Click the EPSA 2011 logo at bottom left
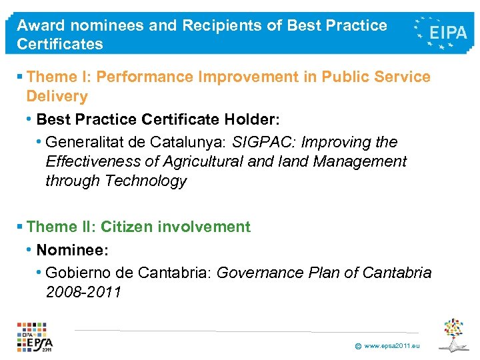35,337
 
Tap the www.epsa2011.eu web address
392,346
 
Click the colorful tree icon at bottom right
455,335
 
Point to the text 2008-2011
83,291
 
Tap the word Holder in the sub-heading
252,119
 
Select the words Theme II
61,227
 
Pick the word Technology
146,181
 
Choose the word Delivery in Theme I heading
57,97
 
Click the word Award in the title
39,25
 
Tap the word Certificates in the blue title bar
60,45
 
